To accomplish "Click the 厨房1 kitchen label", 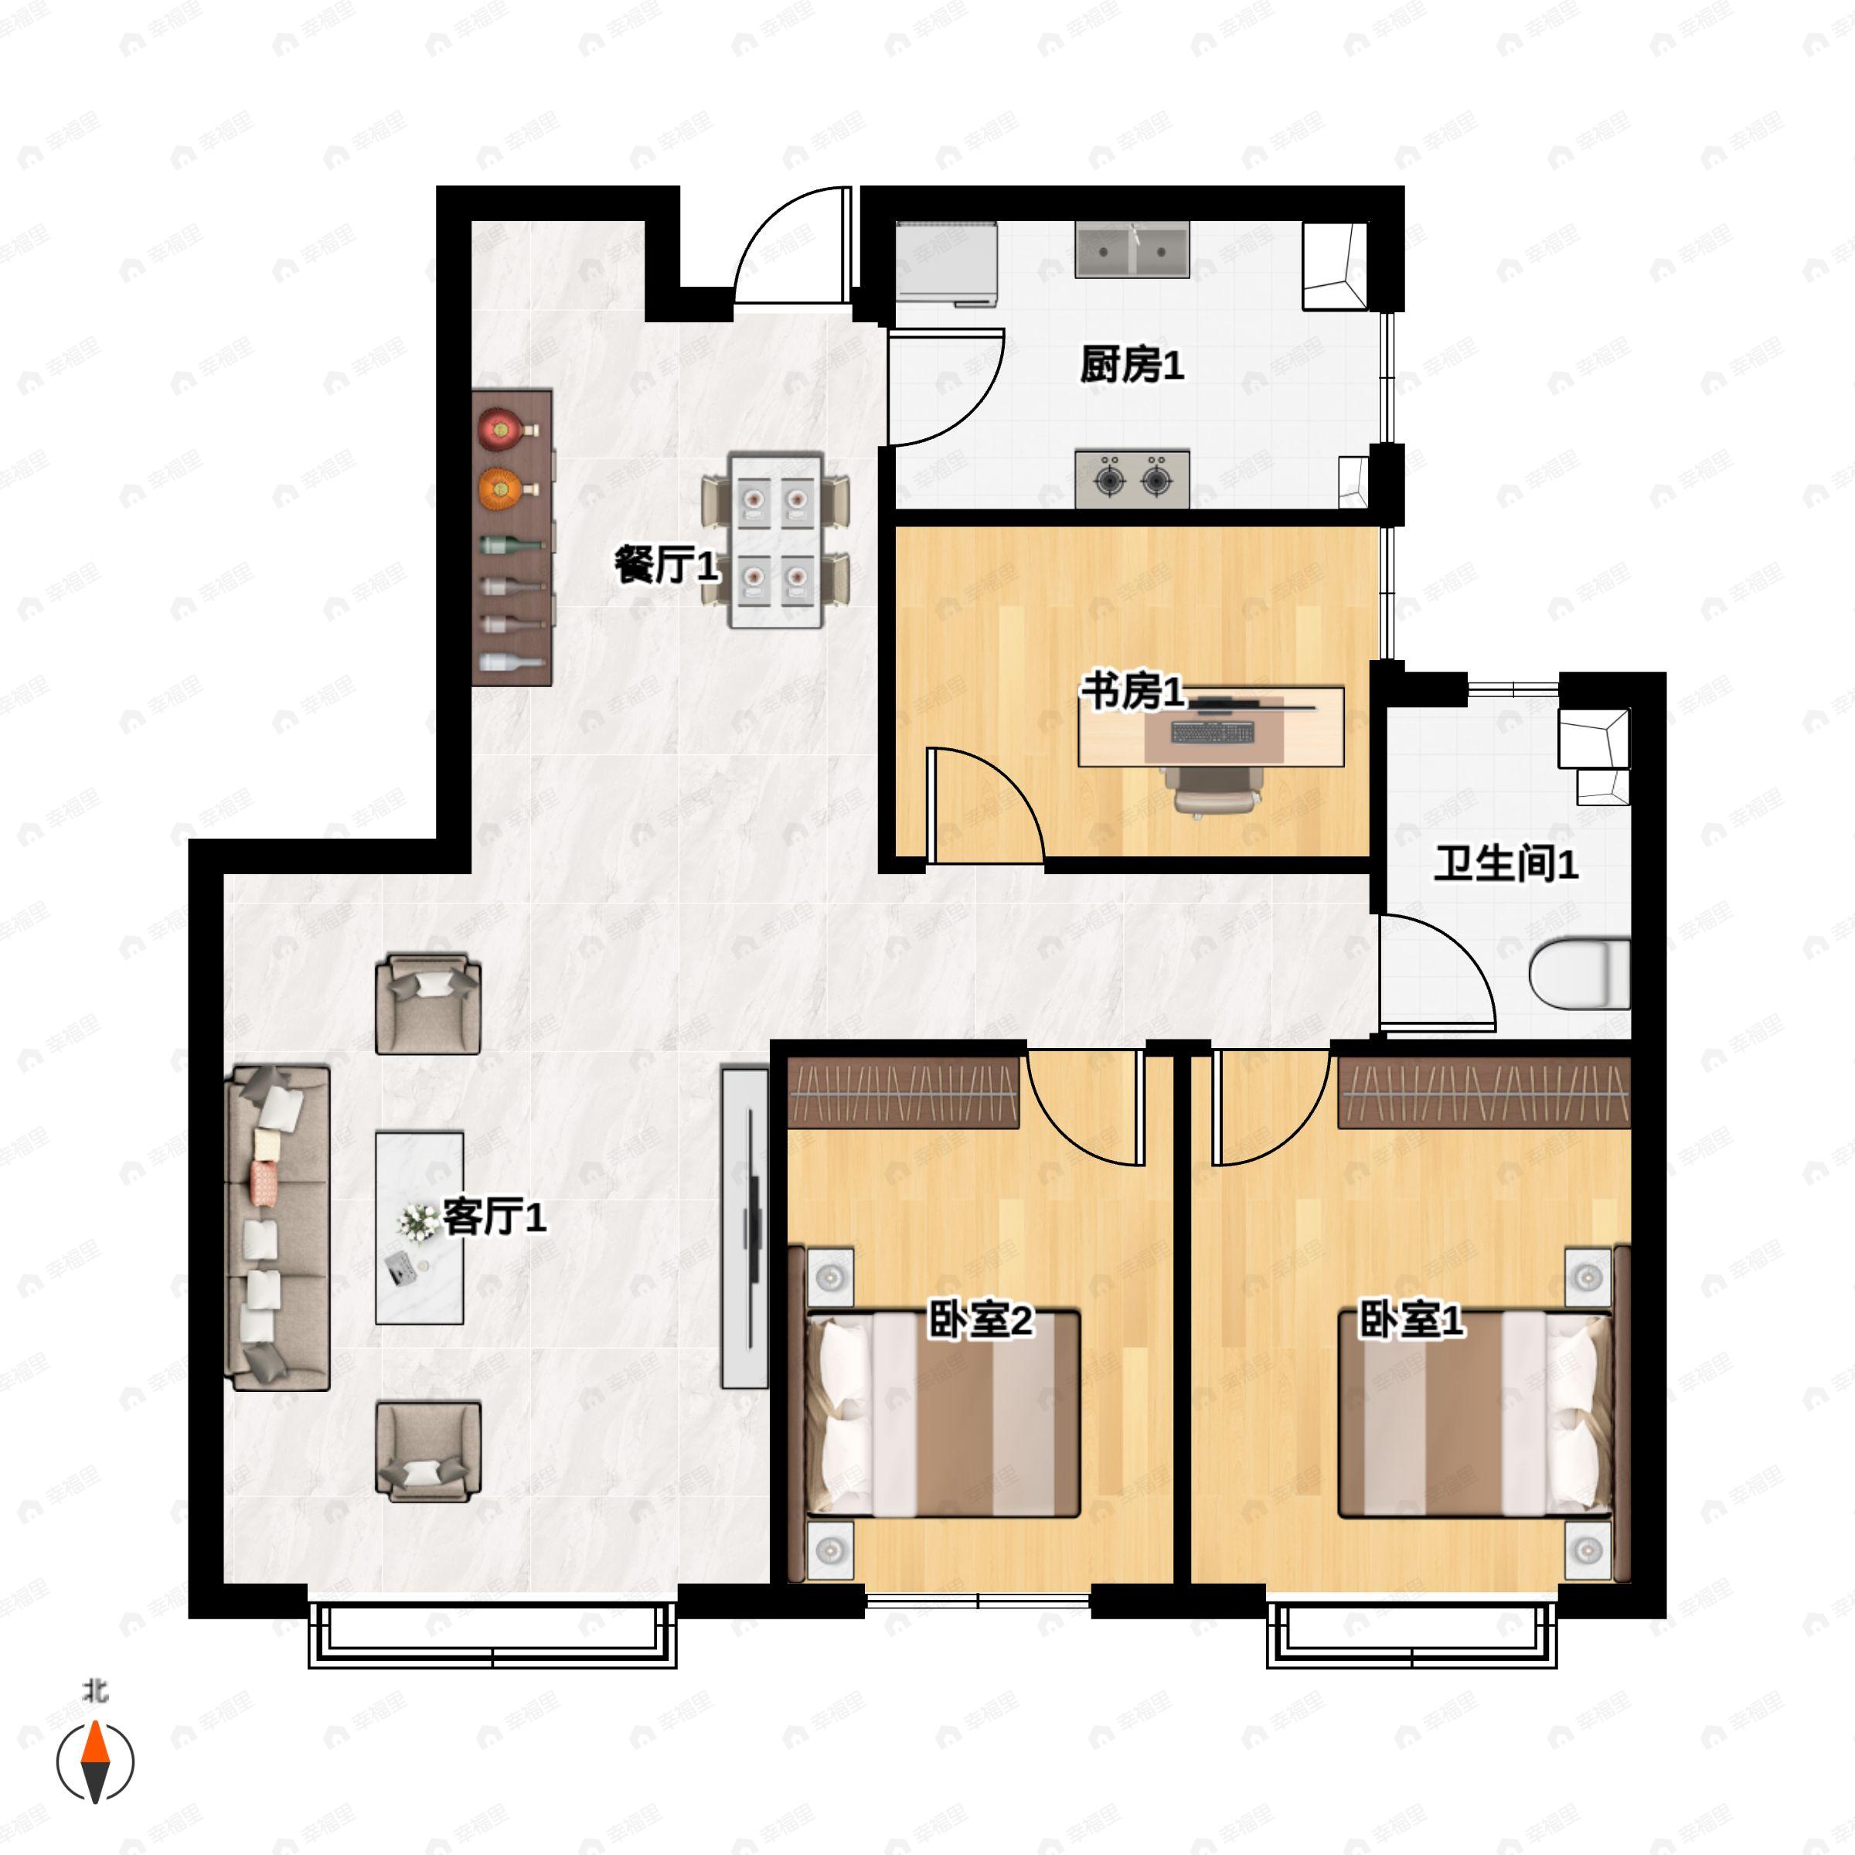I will [1131, 365].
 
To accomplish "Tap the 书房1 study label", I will [1133, 691].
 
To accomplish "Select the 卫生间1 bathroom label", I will [1505, 864].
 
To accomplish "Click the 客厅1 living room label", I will [494, 1217].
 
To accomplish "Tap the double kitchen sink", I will [1132, 250].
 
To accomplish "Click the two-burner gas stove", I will [1132, 478].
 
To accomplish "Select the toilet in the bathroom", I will [1578, 975].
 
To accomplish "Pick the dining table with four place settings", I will [774, 540].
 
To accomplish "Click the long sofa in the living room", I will [277, 1227].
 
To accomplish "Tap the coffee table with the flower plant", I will [419, 1227].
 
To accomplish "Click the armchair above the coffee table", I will [427, 1003].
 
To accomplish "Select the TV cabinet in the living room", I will [745, 1228].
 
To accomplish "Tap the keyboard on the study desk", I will [1213, 733].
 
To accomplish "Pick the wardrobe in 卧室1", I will [1483, 1093].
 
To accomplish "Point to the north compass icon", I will [95, 1762].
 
